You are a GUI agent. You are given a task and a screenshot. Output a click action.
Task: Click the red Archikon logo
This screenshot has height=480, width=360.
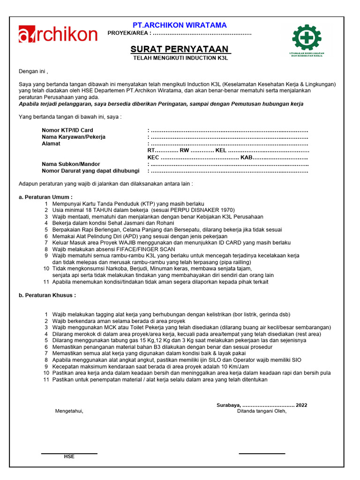58,34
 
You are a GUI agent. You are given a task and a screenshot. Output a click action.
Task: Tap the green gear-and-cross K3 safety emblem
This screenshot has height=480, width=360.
307,37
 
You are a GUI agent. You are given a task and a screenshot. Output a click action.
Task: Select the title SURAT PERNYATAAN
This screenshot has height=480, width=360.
180,49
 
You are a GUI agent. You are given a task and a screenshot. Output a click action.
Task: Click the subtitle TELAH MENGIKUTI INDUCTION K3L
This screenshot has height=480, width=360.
180,58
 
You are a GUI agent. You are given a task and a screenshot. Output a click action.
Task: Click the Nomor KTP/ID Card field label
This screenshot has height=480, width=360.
67,130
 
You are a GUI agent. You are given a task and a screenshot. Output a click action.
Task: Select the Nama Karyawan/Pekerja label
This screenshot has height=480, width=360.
74,137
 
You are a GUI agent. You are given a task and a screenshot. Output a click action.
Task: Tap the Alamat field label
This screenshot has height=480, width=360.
51,144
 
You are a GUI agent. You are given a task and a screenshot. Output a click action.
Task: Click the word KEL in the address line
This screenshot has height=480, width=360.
221,150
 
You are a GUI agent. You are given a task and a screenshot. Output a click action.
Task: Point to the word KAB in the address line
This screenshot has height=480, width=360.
247,157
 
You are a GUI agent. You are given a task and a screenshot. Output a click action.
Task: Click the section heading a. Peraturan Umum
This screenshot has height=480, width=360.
45,197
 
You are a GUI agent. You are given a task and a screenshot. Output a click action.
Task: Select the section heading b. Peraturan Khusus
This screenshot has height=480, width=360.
47,296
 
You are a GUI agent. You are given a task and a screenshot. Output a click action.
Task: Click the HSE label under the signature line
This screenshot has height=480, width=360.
69,457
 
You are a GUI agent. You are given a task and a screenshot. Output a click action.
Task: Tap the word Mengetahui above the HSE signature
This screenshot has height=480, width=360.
69,411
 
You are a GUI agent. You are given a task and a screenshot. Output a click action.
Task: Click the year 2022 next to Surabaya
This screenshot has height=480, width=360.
302,405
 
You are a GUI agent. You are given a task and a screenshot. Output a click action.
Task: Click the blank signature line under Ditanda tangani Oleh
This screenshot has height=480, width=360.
262,453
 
